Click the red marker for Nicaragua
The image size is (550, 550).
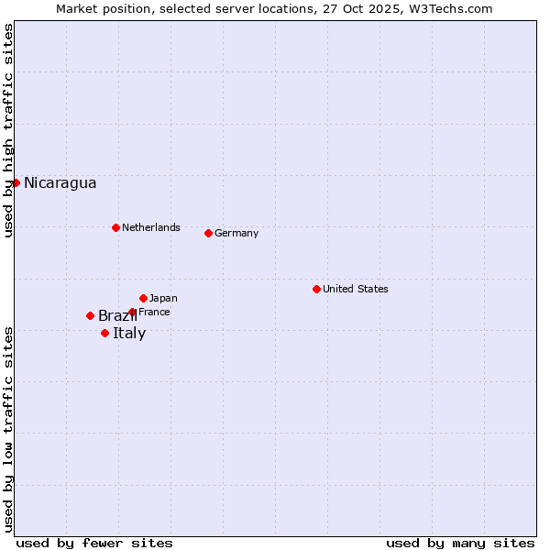tap(16, 182)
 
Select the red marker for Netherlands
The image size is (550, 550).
tap(115, 227)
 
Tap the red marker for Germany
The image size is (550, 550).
tap(208, 233)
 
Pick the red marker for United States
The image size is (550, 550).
tap(316, 289)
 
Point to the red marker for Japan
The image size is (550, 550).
tap(143, 298)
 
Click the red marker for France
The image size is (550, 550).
tap(132, 312)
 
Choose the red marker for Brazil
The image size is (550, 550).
tap(90, 315)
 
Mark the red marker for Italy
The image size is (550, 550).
tap(104, 333)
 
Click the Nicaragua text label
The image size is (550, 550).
tap(60, 182)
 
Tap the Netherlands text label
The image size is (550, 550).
tap(150, 227)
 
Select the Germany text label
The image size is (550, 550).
tap(236, 233)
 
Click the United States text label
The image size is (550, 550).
tap(355, 289)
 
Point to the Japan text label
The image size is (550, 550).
tap(163, 298)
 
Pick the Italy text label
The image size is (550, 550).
tap(129, 333)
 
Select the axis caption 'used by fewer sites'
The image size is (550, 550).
tap(94, 543)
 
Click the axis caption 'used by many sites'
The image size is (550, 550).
tap(460, 543)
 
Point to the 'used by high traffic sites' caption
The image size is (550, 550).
tap(8, 130)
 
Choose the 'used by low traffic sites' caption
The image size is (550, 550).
tap(8, 428)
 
